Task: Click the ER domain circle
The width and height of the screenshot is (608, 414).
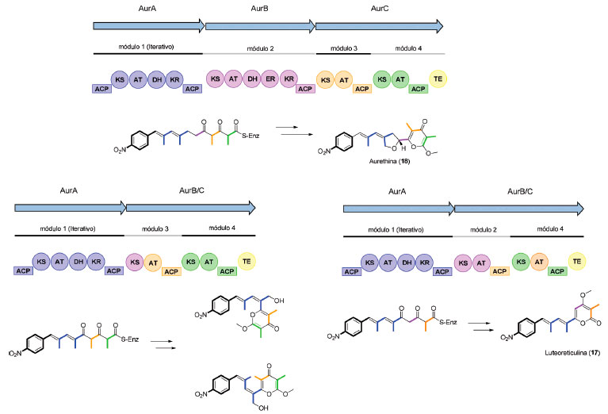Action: tap(272, 79)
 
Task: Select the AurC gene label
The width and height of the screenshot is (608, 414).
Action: tap(379, 9)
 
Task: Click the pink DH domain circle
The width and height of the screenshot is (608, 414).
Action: tap(253, 79)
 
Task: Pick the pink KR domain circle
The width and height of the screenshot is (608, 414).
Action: tap(290, 79)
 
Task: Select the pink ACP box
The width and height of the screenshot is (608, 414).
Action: tap(304, 89)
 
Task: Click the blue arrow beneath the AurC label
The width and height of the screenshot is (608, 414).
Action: tap(379, 26)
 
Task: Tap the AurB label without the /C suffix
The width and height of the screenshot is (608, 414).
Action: tap(260, 9)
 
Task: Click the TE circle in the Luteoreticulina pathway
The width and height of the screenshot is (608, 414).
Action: tap(578, 259)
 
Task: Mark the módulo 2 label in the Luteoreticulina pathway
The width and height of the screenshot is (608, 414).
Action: tap(480, 229)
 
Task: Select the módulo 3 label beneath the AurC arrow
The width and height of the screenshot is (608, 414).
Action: tap(344, 49)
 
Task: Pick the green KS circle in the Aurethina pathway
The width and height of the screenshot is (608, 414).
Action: tap(382, 79)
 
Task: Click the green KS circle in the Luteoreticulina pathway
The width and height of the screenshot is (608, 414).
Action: tap(521, 261)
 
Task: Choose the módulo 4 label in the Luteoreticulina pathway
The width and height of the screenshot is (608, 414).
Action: tap(549, 229)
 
